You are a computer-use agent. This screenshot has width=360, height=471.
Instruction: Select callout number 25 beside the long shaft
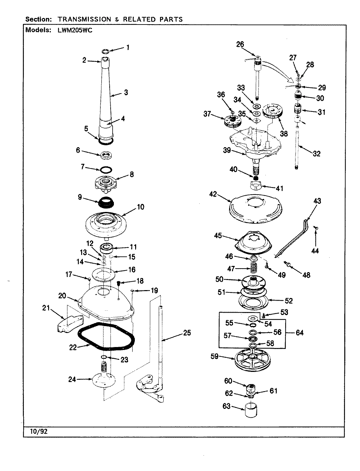coord(187,333)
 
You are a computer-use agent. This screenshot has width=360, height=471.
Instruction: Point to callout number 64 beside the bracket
coord(299,333)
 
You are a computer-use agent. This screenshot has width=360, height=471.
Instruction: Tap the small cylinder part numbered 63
coord(251,410)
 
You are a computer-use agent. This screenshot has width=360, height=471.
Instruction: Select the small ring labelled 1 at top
coord(105,51)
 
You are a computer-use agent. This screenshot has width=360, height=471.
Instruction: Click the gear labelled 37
coord(232,122)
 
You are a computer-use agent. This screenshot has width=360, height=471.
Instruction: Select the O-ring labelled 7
coord(106,169)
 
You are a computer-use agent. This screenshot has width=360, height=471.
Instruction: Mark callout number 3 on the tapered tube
coord(126,93)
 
